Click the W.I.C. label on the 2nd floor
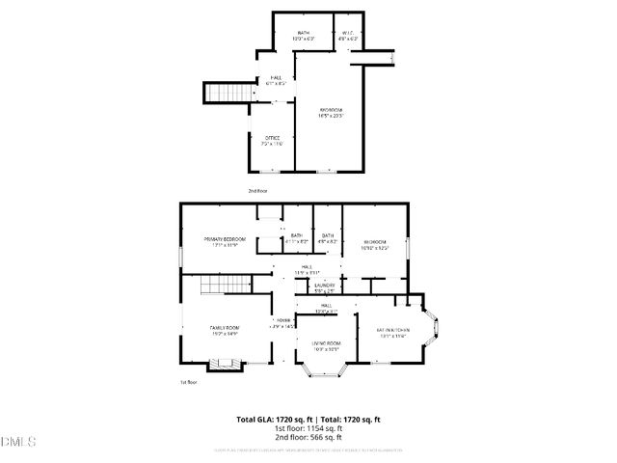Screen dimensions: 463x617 [349, 36]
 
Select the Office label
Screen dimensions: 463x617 [274, 141]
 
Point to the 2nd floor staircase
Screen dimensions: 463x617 [223, 93]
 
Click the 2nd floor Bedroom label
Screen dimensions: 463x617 [332, 114]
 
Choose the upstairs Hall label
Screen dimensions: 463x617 [276, 80]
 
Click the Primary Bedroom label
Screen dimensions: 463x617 [224, 241]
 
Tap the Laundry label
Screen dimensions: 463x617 [324, 287]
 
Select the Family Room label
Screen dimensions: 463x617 [225, 331]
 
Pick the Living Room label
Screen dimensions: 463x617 [326, 346]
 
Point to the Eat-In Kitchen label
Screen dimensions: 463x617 [391, 333]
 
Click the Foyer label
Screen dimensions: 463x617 [283, 323]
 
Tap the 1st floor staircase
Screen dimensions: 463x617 [215, 286]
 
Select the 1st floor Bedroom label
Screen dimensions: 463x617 [375, 243]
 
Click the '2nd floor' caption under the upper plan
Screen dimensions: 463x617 [257, 191]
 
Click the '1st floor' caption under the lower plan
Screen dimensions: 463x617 [188, 383]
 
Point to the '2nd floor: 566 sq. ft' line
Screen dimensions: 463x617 [308, 438]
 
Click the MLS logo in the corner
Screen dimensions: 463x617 [18, 443]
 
